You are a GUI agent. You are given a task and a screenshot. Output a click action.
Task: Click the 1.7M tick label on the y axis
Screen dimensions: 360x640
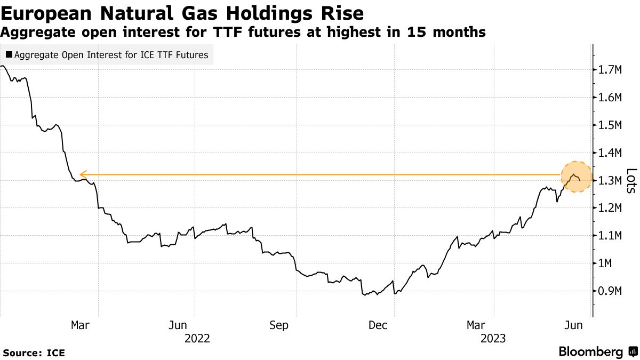pyautogui.click(x=612, y=69)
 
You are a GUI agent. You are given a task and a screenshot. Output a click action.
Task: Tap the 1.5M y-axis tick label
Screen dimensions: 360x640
pyautogui.click(x=612, y=125)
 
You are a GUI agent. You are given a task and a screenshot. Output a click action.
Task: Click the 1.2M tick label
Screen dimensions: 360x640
pyautogui.click(x=612, y=208)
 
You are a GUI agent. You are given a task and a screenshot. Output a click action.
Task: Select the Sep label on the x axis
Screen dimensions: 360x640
pyautogui.click(x=278, y=325)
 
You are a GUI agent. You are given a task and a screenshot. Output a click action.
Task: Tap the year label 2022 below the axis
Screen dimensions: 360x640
pyautogui.click(x=197, y=338)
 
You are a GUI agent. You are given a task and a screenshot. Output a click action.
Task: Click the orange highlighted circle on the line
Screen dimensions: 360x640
pyautogui.click(x=576, y=177)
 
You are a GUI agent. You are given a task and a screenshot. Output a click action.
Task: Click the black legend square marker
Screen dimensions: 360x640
pyautogui.click(x=9, y=54)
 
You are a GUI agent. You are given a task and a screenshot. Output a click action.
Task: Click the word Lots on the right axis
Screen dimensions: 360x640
pyautogui.click(x=631, y=181)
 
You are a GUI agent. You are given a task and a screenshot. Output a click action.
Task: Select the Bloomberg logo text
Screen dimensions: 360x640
pyautogui.click(x=590, y=352)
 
